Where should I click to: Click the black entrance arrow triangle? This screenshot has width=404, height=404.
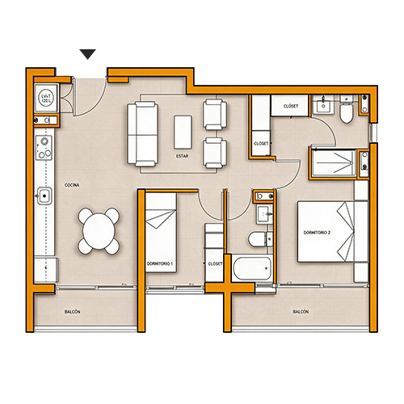88,54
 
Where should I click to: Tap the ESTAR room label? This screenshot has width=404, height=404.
183,156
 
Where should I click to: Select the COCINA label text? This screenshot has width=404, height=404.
72,185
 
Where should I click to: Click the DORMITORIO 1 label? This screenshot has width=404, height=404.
160,263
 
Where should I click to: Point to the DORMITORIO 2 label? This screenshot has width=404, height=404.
317,233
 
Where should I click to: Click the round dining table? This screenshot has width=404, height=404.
99,231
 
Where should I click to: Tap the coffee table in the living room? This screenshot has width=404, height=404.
183,133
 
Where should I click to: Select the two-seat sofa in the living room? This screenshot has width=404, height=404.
142,134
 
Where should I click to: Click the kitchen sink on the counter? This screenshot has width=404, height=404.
44,196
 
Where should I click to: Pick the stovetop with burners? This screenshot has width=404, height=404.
44,148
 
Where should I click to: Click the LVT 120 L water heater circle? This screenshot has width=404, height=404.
46,98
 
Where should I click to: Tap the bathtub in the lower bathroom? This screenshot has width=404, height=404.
251,268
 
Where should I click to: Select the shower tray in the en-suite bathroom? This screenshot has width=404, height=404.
334,163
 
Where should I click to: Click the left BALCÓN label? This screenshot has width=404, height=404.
72,312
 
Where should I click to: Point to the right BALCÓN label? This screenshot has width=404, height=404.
301,312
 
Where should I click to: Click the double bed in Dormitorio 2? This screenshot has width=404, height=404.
333,231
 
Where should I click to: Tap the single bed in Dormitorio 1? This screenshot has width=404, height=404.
161,232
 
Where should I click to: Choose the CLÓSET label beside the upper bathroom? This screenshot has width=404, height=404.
291,106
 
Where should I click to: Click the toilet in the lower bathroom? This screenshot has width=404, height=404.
258,239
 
